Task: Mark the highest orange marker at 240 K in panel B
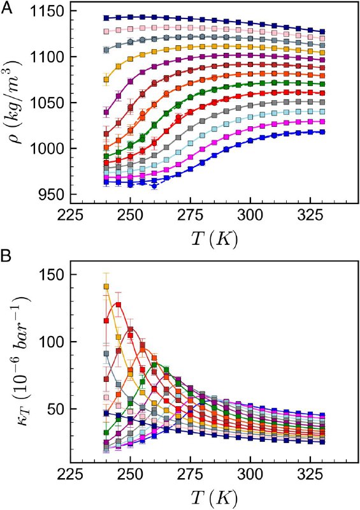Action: (106, 287)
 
